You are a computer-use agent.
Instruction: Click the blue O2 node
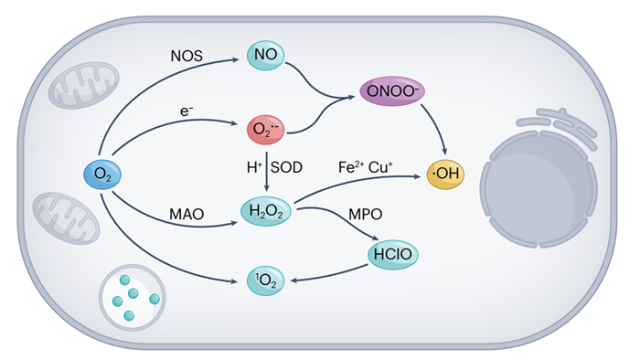(102, 175)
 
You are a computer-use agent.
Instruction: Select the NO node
(266, 55)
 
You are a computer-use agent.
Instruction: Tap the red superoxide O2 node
(266, 130)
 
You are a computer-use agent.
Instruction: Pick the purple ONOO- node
(392, 91)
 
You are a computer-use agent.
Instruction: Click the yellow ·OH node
(445, 175)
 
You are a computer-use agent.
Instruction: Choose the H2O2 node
(266, 211)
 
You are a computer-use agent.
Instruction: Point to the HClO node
(392, 254)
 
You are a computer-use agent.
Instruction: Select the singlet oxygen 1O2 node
(266, 281)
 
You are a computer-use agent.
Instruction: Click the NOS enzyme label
(187, 56)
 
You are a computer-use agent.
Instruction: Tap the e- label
(187, 111)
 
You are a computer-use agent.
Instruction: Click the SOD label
(286, 167)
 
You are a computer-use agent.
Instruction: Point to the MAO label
(187, 215)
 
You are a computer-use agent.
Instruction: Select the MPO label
(366, 214)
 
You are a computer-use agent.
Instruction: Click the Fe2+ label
(350, 167)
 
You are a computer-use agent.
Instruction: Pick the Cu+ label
(380, 167)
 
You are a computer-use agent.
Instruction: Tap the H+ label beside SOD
(254, 167)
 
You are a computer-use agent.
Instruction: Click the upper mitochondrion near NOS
(84, 85)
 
